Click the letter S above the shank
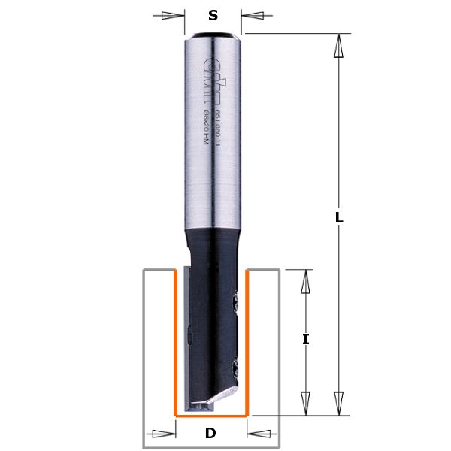pos(213,14)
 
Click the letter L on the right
pos(339,218)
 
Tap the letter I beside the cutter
pos(305,339)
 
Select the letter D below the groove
pos(210,433)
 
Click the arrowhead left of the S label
pos(174,14)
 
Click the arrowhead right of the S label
pos(253,14)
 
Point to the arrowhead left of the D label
pos(165,433)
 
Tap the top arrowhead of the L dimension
pos(339,47)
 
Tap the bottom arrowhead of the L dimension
pos(339,402)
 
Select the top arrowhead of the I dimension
pos(305,282)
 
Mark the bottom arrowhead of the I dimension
pos(305,402)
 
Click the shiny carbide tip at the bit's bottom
pos(207,405)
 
